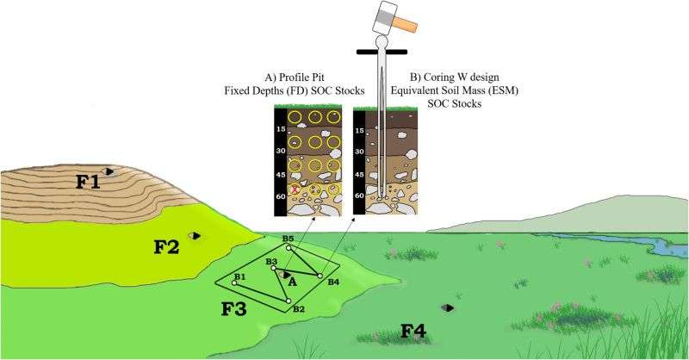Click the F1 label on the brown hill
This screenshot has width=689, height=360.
point(87,182)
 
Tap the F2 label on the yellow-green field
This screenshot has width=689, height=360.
point(166,247)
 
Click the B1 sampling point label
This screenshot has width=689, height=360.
point(240,276)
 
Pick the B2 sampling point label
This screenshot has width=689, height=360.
point(298,308)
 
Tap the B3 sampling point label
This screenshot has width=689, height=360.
point(270,260)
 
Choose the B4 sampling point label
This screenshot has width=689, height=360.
point(333,282)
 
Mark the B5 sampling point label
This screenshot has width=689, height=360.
point(288,238)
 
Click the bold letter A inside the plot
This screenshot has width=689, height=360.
point(292,281)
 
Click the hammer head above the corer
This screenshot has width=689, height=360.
point(376,17)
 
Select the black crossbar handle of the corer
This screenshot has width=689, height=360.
point(380,53)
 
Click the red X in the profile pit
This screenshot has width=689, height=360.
point(296,189)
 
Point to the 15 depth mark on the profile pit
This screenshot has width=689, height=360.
point(280,129)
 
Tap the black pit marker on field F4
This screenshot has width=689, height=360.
point(447,307)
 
